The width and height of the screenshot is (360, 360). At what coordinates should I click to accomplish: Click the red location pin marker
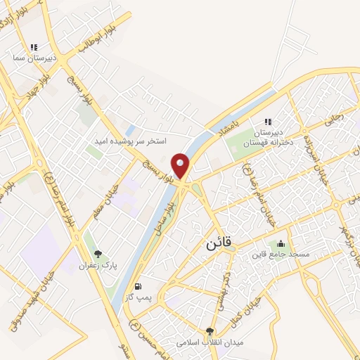coord(181,166)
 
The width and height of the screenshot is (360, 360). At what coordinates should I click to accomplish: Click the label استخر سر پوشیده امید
coord(131,141)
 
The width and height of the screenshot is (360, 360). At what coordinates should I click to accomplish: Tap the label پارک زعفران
coord(97,266)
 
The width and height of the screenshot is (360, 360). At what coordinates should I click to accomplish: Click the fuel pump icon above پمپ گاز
coord(139,287)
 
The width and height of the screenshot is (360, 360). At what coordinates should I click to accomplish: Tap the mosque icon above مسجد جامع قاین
coord(281,243)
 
